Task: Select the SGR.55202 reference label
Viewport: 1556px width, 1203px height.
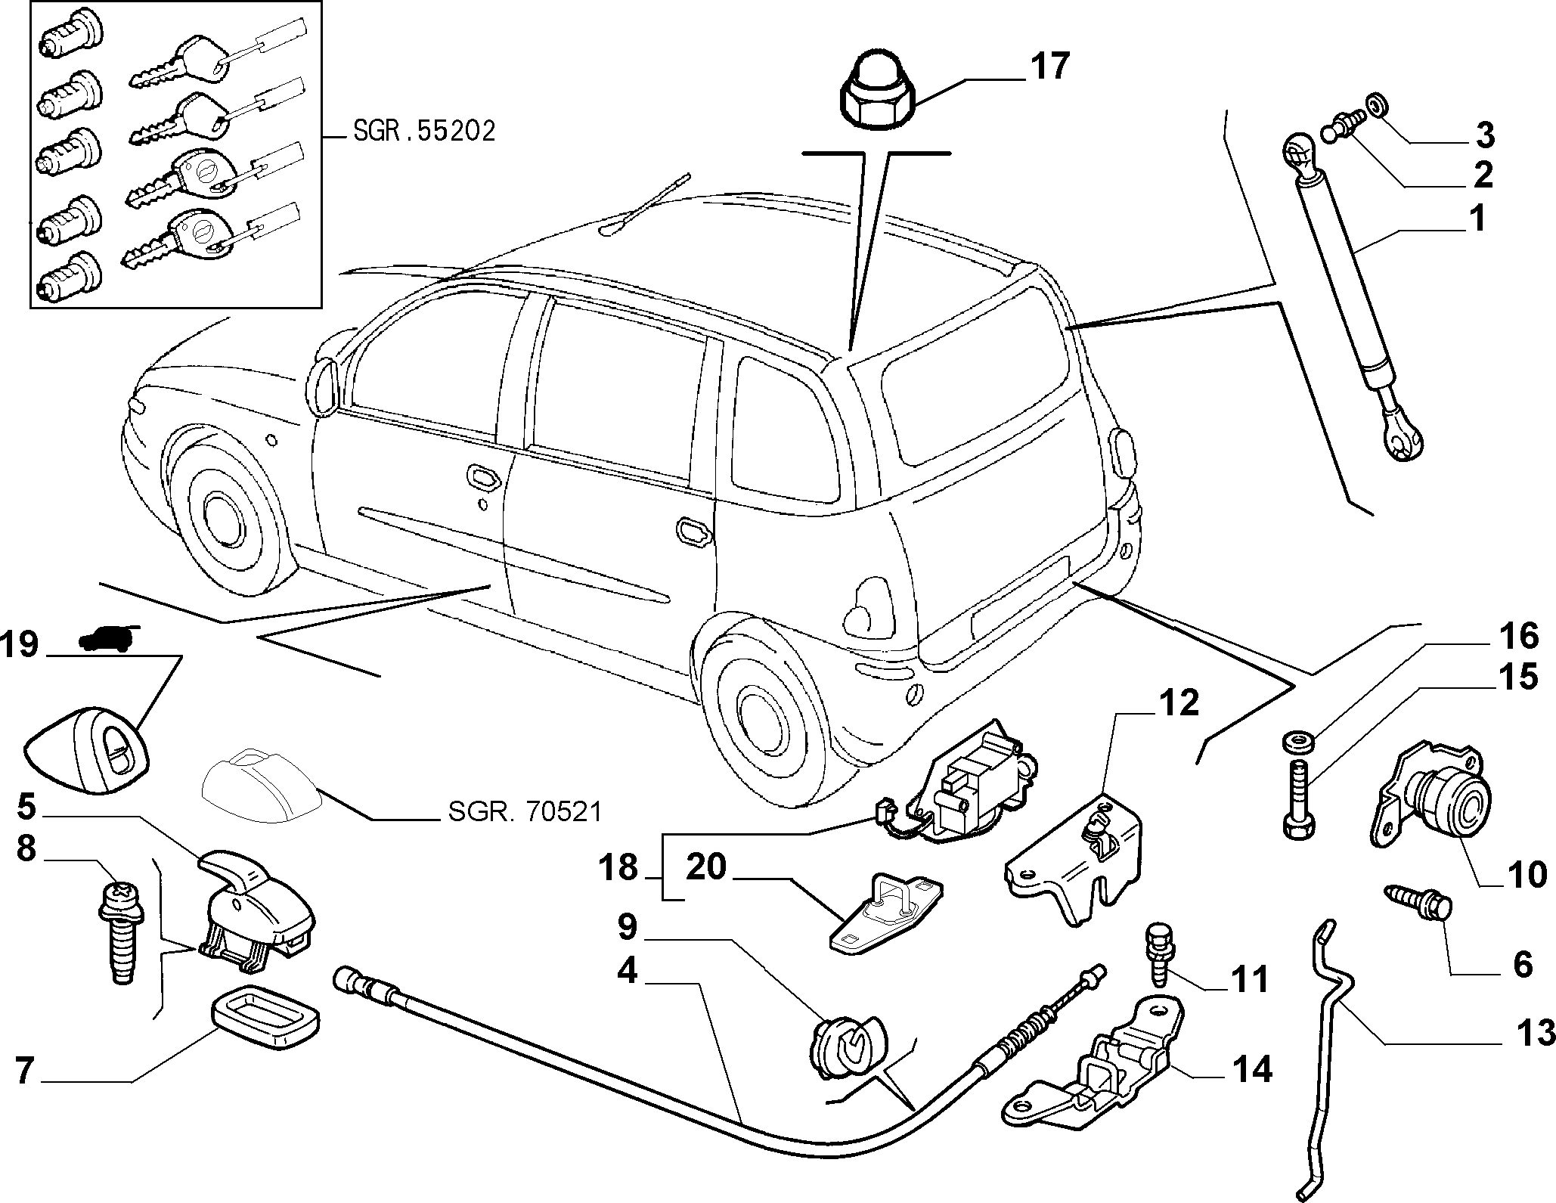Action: (x=424, y=132)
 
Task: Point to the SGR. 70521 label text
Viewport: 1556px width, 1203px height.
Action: (x=525, y=812)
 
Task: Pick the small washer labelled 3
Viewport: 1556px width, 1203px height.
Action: (x=1377, y=107)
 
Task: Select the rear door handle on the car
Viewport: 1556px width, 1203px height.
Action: (x=694, y=530)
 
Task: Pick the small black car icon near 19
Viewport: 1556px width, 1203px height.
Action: (x=108, y=637)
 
